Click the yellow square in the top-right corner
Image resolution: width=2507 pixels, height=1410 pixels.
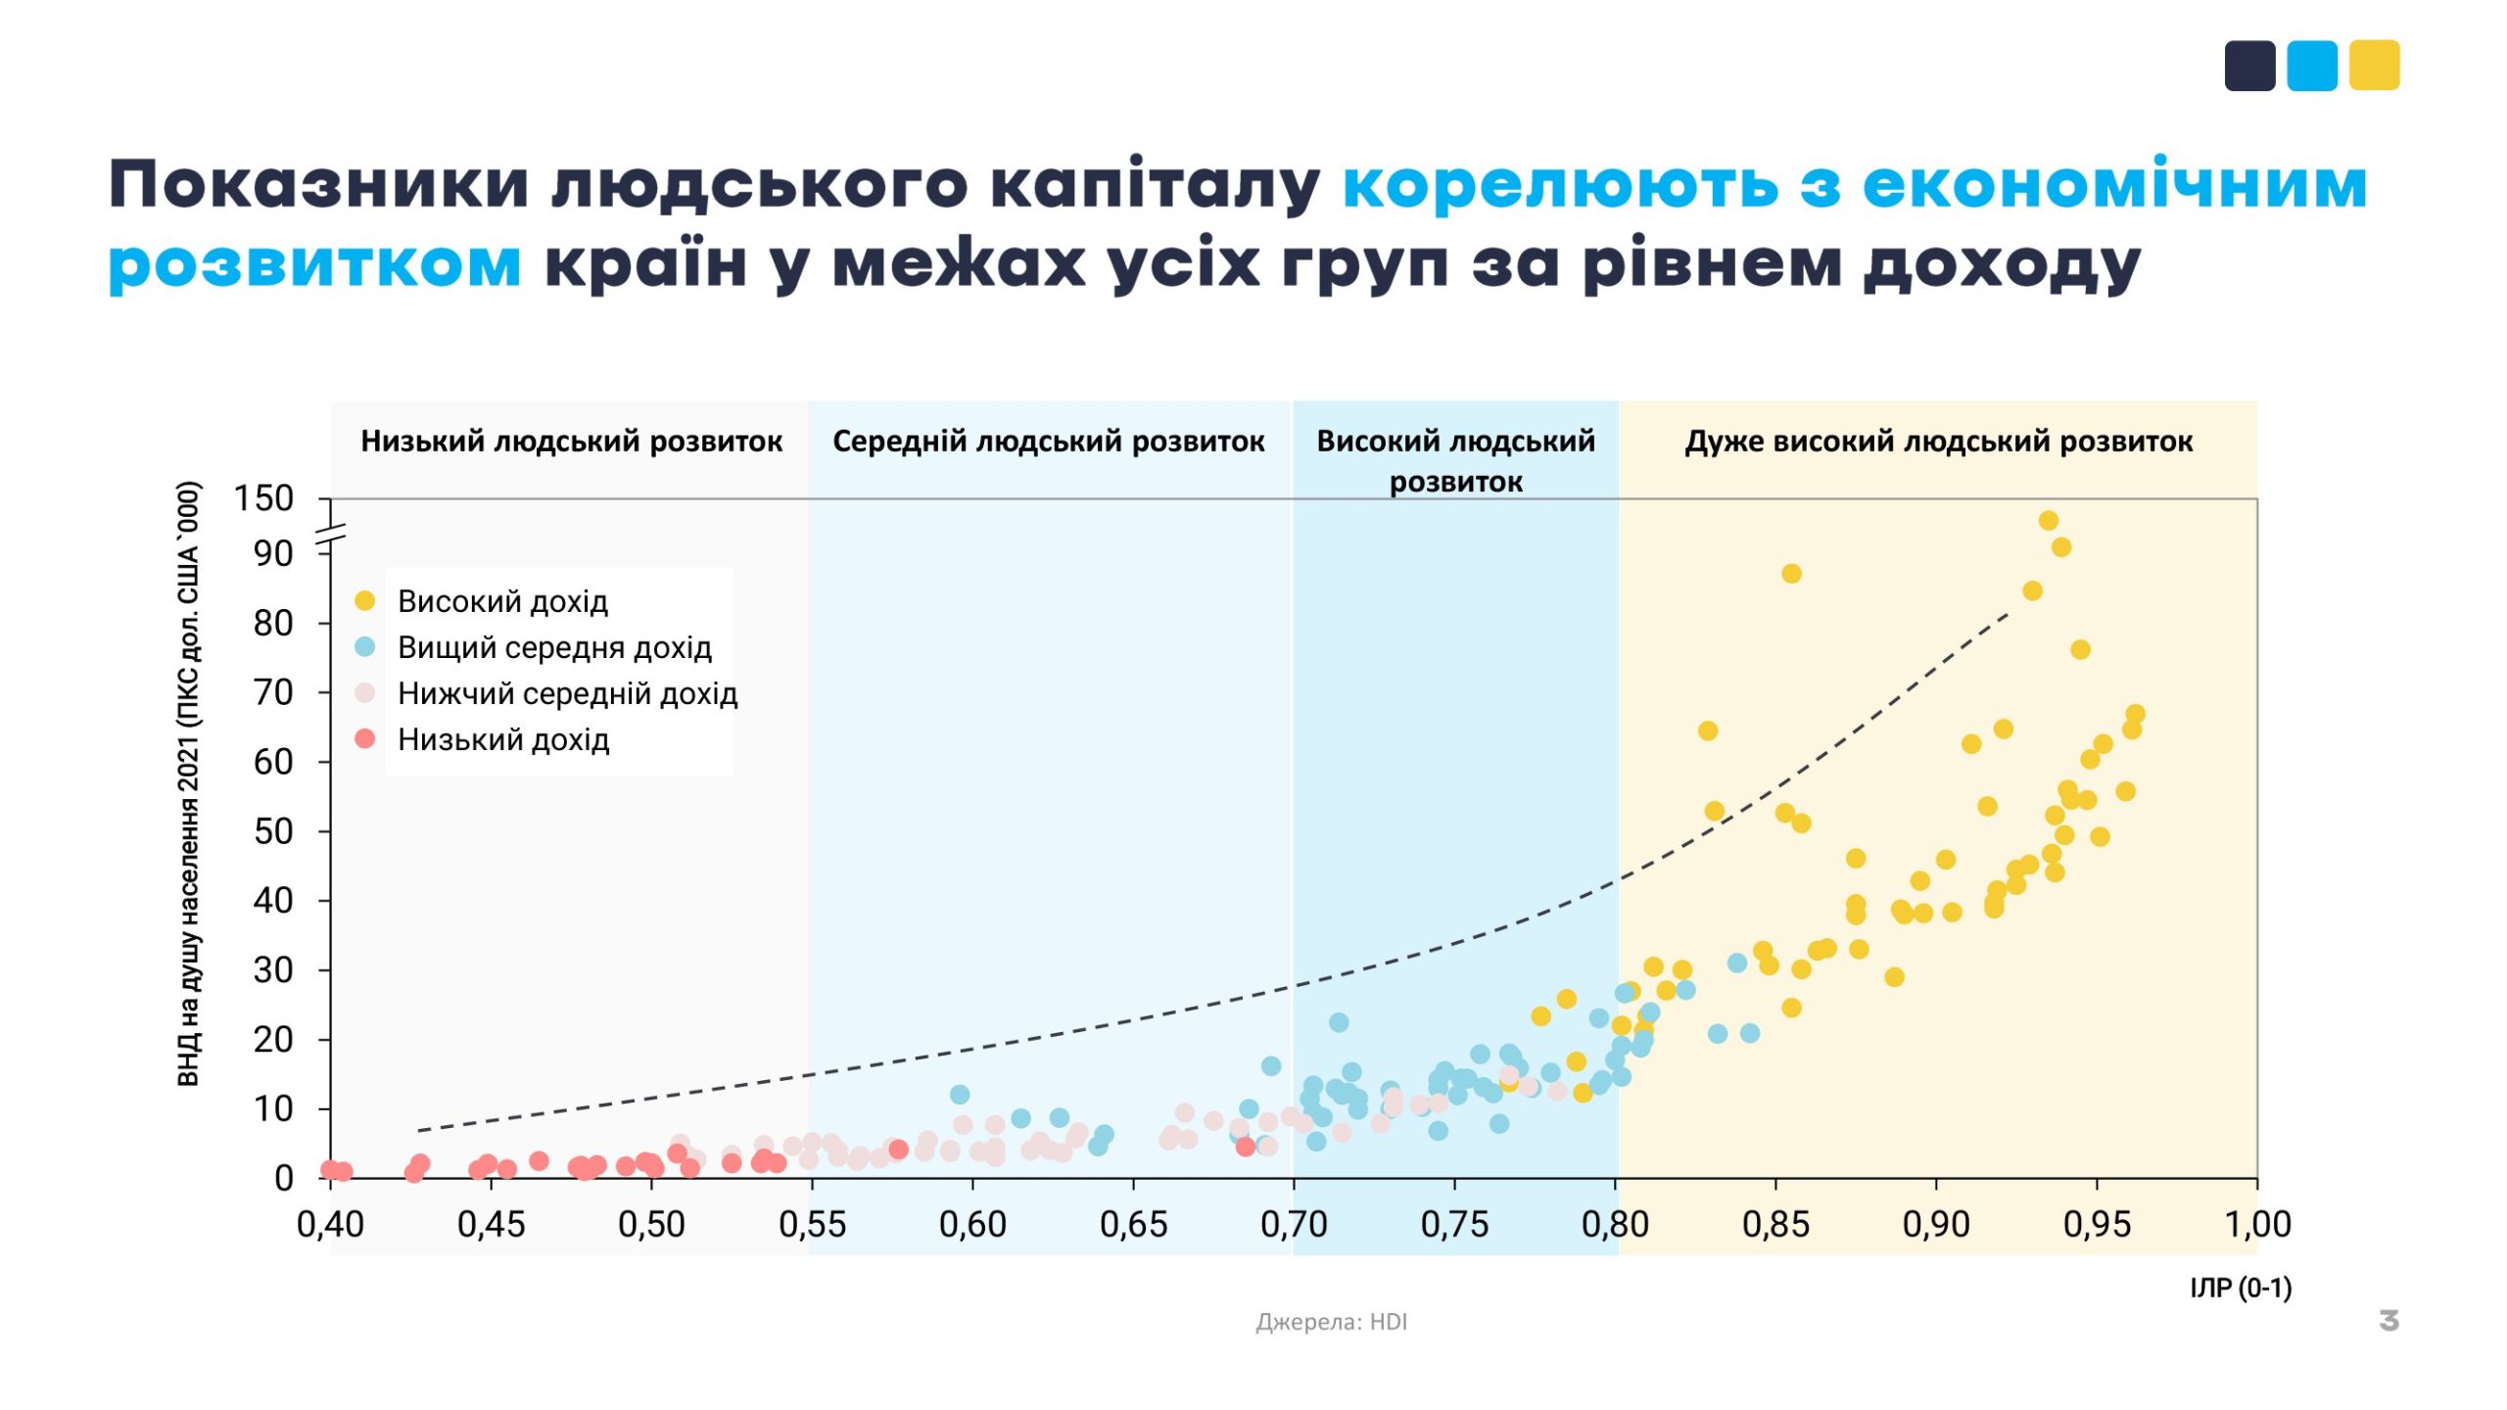pos(2374,66)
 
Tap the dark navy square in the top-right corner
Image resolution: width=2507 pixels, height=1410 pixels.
pos(2249,66)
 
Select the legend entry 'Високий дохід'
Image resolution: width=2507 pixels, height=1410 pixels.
pos(501,601)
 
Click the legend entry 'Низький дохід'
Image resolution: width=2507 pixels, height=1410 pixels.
pos(502,739)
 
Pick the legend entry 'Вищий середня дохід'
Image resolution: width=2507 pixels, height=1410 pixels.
pos(553,647)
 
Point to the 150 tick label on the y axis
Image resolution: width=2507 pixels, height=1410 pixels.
pos(263,498)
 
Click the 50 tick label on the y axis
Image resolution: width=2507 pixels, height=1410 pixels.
pos(273,831)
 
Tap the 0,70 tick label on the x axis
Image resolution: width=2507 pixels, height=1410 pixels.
pos(1293,1224)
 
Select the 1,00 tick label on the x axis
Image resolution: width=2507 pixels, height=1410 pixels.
pos(2257,1224)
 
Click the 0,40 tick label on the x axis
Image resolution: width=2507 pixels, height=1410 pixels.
pos(330,1224)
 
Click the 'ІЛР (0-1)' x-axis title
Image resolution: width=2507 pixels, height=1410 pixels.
pos(2241,1288)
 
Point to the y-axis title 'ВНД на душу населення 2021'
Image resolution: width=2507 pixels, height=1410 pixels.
pos(188,783)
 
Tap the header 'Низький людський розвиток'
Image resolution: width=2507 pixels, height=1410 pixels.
pos(571,442)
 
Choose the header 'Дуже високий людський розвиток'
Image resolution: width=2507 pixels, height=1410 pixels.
pos(1938,442)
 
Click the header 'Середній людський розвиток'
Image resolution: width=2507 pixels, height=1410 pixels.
pos(1048,442)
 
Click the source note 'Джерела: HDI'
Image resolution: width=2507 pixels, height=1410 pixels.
pos(1331,1322)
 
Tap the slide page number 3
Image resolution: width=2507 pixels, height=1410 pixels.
pos(2389,1321)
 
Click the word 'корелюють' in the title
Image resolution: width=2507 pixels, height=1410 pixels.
pos(1560,184)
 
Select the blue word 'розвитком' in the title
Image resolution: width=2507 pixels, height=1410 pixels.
pos(314,264)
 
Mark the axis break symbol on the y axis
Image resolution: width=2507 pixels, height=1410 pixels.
pos(331,535)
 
